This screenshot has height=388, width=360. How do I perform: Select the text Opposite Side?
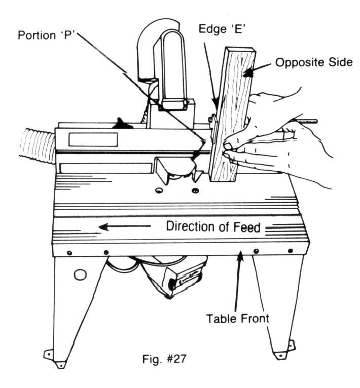(x=313, y=62)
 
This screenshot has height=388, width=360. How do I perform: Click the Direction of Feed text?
(x=213, y=227)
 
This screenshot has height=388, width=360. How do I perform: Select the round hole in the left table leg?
(x=79, y=275)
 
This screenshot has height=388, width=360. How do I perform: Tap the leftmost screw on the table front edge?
(x=69, y=253)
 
